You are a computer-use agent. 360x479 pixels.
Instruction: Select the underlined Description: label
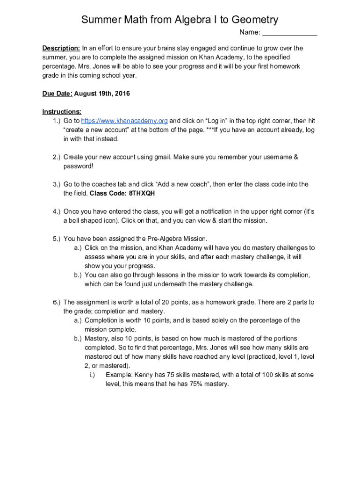[x=61, y=48]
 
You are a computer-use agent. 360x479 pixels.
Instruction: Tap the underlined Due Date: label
[x=57, y=94]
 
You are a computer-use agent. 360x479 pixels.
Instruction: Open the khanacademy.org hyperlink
[x=125, y=121]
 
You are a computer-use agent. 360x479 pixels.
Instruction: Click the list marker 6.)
[x=57, y=302]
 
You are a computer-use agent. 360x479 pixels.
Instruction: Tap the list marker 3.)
[x=57, y=184]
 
